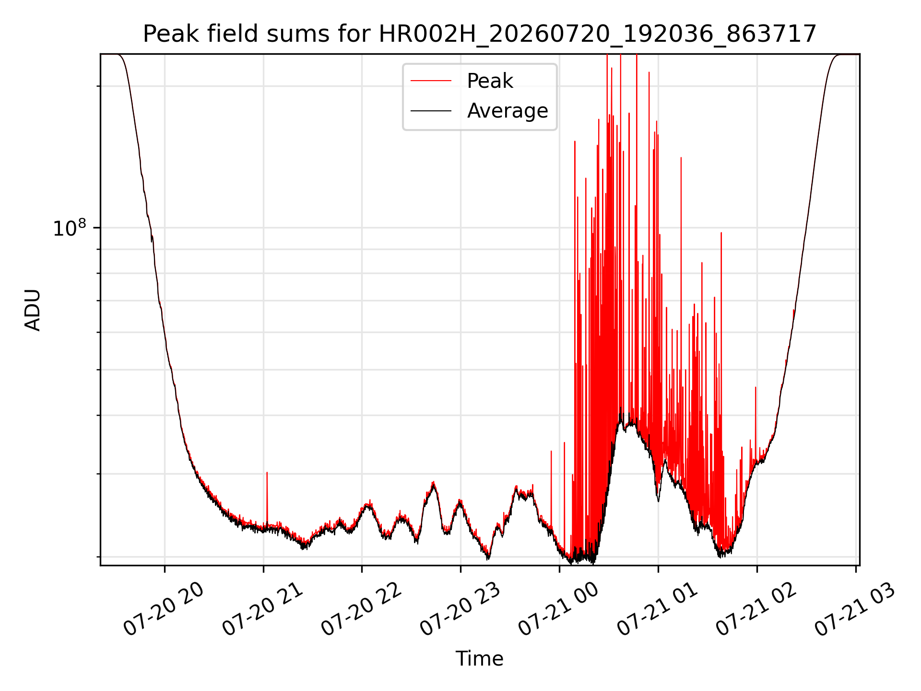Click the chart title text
[x=480, y=34]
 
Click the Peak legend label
[x=490, y=81]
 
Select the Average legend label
[x=508, y=111]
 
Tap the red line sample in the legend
[x=431, y=81]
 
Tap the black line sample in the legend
[x=431, y=111]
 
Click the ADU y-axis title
[x=33, y=310]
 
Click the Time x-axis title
[x=480, y=659]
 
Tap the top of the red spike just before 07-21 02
[x=756, y=387]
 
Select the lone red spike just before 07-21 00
[x=551, y=489]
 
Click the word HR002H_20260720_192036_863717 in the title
[x=598, y=34]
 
